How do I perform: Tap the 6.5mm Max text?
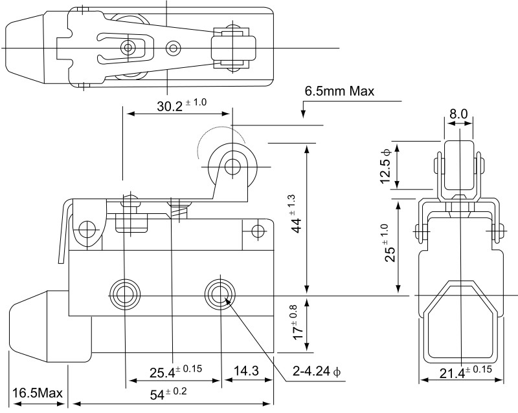point(339,91)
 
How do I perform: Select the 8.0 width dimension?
point(458,114)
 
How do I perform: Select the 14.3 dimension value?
point(247,371)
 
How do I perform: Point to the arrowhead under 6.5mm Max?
point(302,115)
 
